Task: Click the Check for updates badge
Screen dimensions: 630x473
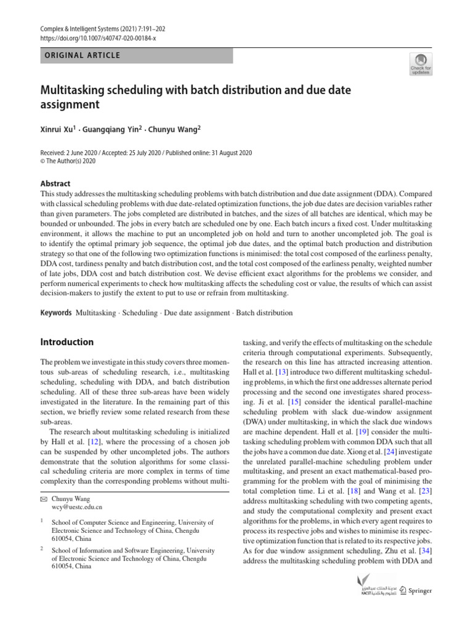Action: (420, 64)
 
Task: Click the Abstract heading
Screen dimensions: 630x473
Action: (55, 183)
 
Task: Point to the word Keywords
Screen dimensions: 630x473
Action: (55, 313)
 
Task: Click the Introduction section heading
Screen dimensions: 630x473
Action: (67, 342)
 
